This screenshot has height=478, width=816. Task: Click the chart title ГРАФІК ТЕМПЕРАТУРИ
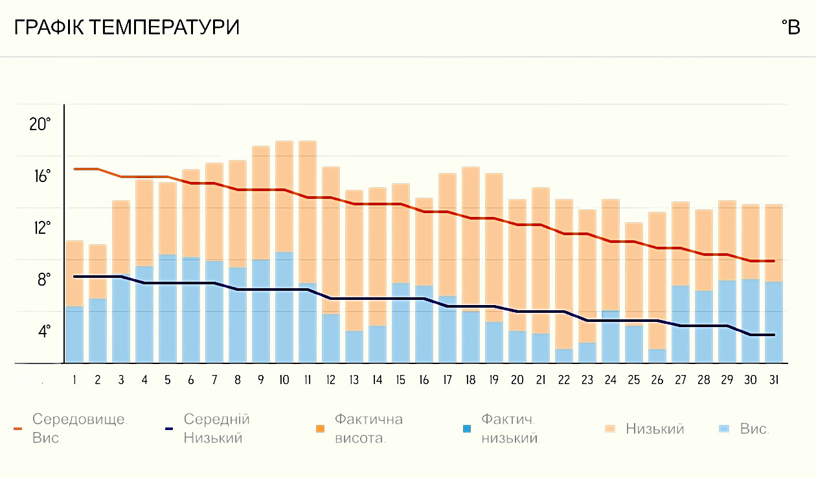(127, 28)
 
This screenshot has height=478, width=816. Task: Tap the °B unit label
(791, 28)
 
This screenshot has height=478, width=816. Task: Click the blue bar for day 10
(284, 308)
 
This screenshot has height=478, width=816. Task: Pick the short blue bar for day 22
(563, 356)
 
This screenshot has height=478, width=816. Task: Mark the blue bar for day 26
(657, 356)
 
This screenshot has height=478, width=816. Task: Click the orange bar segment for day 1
(74, 273)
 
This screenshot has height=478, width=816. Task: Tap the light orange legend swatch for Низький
(610, 429)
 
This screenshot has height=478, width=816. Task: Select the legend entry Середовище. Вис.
(78, 428)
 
